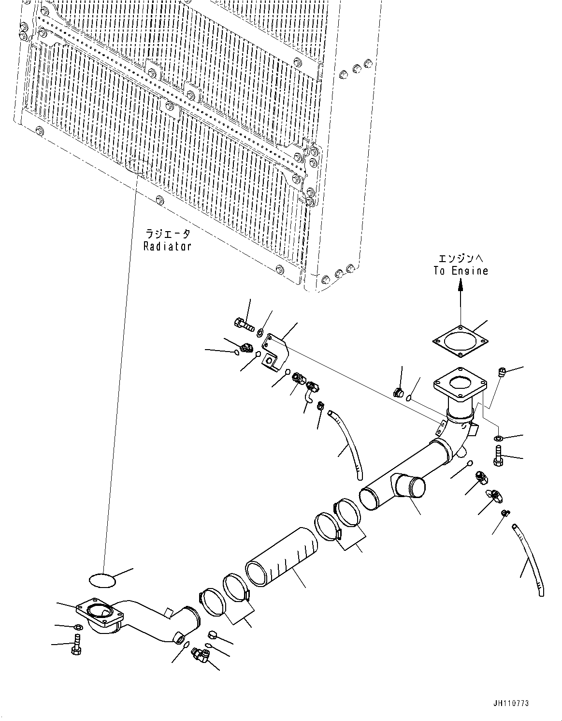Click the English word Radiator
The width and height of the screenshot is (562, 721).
pos(167,246)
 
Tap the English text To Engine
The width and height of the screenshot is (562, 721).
pos(460,271)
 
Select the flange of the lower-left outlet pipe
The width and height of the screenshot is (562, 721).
pos(100,615)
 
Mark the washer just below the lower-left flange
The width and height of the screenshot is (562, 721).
pos(77,627)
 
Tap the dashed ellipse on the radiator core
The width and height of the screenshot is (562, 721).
pos(138,167)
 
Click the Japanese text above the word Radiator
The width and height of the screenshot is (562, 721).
pos(167,234)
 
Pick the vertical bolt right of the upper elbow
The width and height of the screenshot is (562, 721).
pos(498,457)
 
